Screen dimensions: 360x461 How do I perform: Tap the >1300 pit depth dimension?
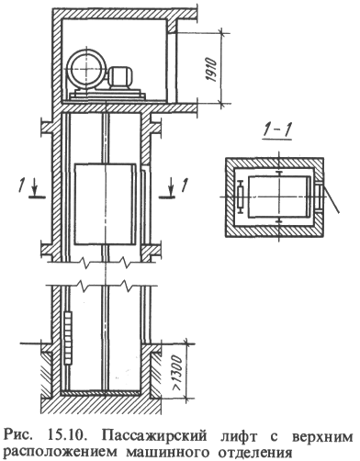(x=177, y=369)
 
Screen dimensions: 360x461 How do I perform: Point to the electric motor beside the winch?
(x=119, y=77)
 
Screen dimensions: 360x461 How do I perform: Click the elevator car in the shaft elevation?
(x=105, y=204)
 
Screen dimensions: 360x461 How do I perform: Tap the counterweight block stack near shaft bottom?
(x=69, y=337)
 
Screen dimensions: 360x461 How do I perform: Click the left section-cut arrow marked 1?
(x=34, y=189)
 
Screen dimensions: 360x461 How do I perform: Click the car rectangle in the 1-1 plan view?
(x=279, y=197)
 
